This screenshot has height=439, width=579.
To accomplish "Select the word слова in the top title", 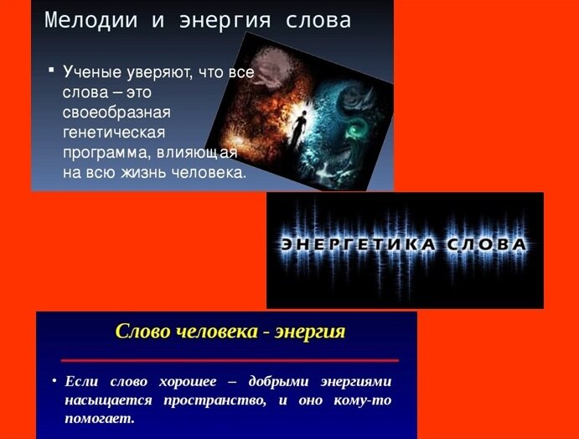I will [x=319, y=20].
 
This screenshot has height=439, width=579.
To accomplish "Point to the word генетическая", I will [x=113, y=133].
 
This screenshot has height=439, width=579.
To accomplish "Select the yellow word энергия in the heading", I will [x=309, y=331].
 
